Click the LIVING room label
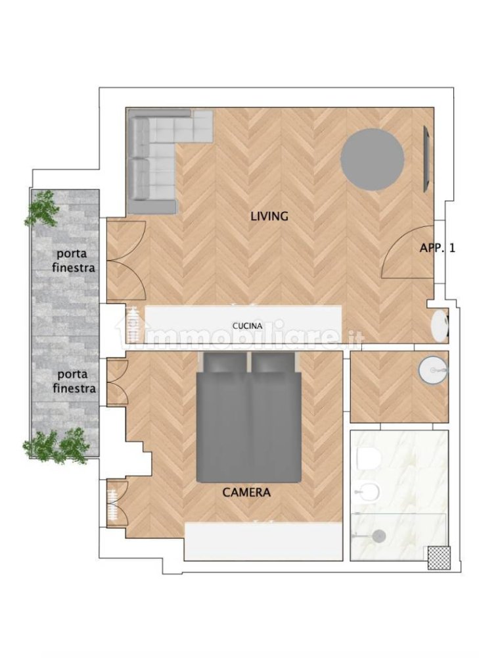tap(269, 216)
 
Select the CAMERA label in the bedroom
tap(246, 492)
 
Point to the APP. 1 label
tap(438, 248)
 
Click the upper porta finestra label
tap(76, 261)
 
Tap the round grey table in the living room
tap(372, 159)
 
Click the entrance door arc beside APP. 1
tap(402, 253)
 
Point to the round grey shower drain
tap(378, 536)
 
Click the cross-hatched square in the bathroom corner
tap(438, 557)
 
